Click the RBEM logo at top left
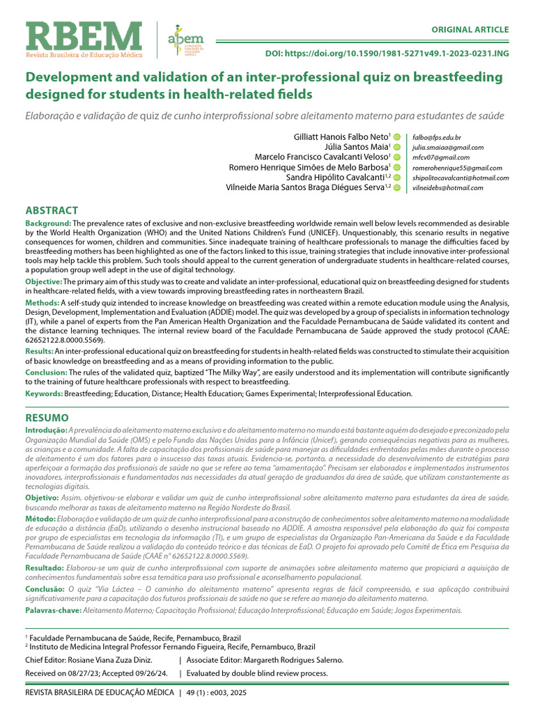pos(84,38)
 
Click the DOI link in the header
pos(397,54)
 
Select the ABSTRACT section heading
pos(52,210)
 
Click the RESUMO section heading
pos(47,418)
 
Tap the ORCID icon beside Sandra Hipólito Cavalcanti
pos(396,178)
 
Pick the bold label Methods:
pos(42,304)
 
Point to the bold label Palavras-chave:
pos(53,611)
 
